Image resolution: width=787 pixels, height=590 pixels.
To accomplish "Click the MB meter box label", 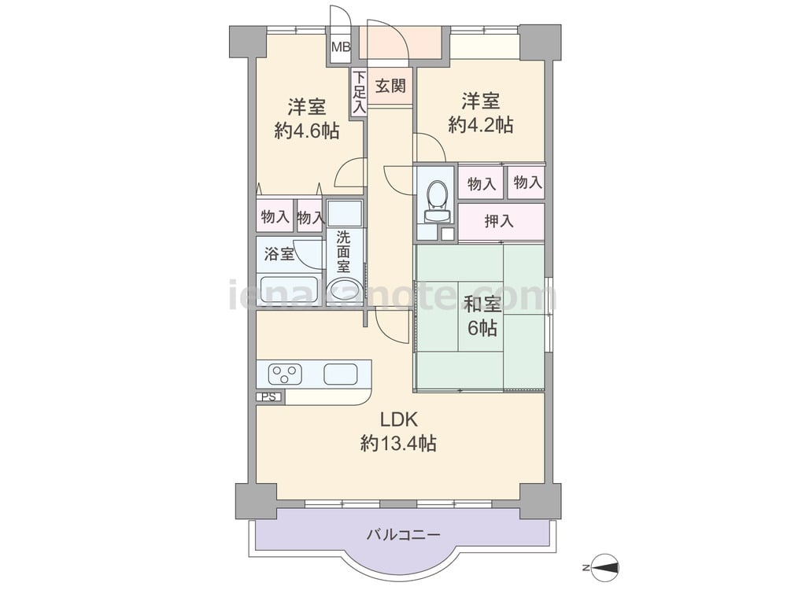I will [340, 46].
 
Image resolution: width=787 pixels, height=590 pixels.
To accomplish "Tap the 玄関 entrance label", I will [390, 85].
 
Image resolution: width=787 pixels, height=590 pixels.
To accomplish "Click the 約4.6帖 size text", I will [307, 131].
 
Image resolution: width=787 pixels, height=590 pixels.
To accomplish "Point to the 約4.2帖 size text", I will [481, 124].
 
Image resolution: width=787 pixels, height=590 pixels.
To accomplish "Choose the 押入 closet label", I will [499, 221].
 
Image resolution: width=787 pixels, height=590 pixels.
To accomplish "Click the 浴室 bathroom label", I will [279, 254].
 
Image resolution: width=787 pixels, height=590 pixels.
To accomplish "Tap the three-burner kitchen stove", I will [284, 373].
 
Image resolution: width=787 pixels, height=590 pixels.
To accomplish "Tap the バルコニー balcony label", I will [403, 535].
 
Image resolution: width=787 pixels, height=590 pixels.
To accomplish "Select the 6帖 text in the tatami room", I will [482, 329].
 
